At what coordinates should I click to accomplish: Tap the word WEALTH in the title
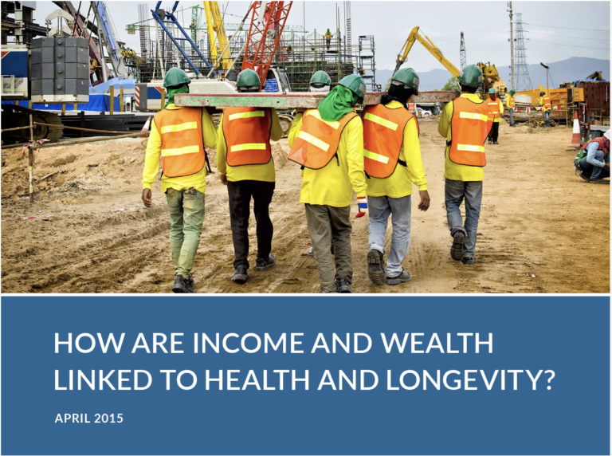tap(437, 343)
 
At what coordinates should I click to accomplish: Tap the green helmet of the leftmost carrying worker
tap(176, 77)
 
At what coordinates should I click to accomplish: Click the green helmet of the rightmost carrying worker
tap(470, 76)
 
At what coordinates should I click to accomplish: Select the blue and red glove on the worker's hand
tap(362, 207)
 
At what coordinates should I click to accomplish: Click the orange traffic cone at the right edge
tap(575, 130)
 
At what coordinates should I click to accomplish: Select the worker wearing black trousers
tap(249, 176)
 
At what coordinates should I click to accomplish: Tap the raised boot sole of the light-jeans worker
tap(376, 267)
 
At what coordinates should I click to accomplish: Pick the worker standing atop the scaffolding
tap(328, 38)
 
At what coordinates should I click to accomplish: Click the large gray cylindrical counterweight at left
tap(60, 69)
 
